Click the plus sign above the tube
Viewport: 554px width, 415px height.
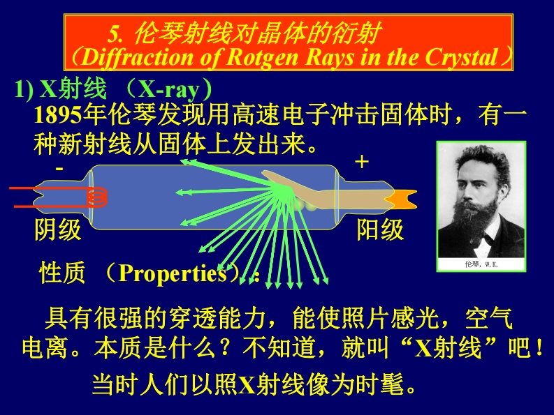(x=361, y=163)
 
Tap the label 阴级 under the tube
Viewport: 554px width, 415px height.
(x=58, y=229)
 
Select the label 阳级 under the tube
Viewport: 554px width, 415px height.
(x=381, y=229)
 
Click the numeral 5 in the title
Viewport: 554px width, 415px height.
(x=115, y=33)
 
